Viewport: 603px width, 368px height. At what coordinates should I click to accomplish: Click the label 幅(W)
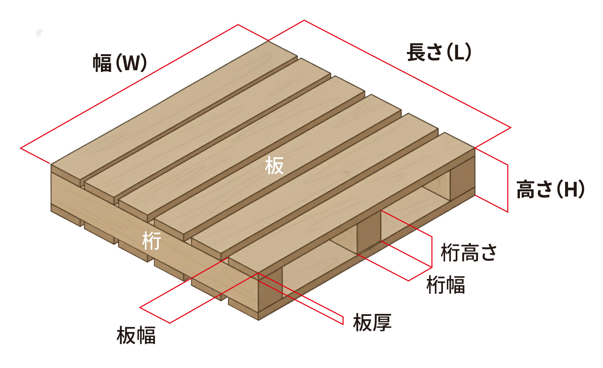click(x=120, y=63)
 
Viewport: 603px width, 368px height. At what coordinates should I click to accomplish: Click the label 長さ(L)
click(x=439, y=52)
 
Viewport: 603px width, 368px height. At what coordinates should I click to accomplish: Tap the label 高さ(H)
click(x=551, y=189)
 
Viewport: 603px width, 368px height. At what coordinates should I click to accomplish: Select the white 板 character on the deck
click(x=274, y=166)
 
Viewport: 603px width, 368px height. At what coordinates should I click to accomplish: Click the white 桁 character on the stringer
click(x=152, y=241)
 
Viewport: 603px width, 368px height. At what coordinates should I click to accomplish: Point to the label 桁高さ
click(x=468, y=253)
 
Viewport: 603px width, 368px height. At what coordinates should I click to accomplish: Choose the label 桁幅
click(x=446, y=285)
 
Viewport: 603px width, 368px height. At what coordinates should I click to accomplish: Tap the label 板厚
click(x=372, y=323)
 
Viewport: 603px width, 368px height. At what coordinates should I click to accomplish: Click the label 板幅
click(x=136, y=335)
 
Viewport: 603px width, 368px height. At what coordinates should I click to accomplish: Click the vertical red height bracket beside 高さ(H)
click(x=507, y=188)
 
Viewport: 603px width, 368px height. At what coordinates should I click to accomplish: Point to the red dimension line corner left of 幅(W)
click(x=21, y=148)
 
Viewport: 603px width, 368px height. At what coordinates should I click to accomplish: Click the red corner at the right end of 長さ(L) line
click(x=511, y=128)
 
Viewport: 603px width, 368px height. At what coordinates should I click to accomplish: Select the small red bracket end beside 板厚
click(x=343, y=320)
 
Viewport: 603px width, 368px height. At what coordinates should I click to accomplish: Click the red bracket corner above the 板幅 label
click(x=140, y=308)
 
